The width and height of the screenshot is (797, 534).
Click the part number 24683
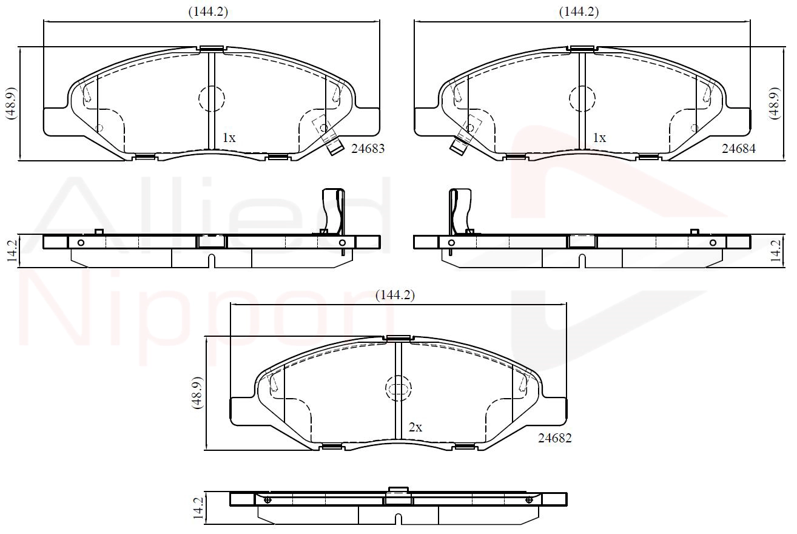[x=368, y=149]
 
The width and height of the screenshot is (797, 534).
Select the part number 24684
[x=739, y=149]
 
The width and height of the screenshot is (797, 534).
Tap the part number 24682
[x=555, y=438]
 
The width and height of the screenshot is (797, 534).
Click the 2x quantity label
[x=415, y=427]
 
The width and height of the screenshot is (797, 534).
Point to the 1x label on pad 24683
[x=229, y=138]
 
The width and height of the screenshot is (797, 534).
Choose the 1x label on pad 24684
[x=599, y=138]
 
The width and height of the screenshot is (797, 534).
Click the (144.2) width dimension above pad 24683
[x=208, y=12]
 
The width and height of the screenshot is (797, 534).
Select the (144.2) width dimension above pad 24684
[x=579, y=12]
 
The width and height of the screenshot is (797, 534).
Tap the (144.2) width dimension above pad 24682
[x=395, y=295]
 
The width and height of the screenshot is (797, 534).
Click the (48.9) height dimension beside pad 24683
[x=12, y=103]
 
